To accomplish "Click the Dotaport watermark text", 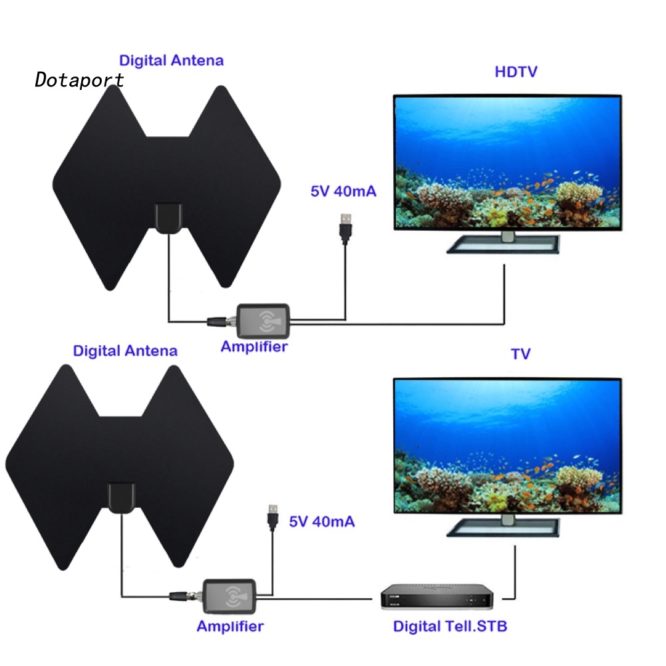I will coord(80,80).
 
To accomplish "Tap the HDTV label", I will coord(516,72).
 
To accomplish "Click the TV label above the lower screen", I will coord(520,354).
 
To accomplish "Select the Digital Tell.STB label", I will coord(450,626).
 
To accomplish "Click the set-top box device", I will coord(436,597).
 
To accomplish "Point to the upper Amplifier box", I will coord(264,322).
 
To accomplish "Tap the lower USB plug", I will coord(272,516).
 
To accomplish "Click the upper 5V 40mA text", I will coord(343,192).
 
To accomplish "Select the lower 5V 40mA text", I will coord(321,521).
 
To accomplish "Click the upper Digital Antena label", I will coord(171,61).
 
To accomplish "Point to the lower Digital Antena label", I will coord(125,351).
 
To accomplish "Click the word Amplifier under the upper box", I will coord(254,347).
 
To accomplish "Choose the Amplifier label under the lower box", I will coord(230,626).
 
